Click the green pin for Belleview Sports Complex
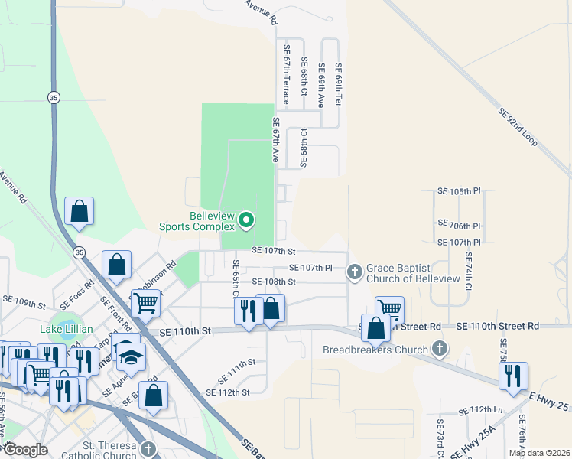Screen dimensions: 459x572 point(246,221)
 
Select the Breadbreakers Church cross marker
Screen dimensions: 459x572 point(439,350)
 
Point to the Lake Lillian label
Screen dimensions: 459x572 point(67,329)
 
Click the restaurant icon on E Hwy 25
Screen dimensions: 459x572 point(513,376)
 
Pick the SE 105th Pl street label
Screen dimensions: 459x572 point(459,190)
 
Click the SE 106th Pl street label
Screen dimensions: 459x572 point(459,226)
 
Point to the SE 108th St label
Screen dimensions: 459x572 point(274,282)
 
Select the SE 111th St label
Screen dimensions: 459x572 point(237,369)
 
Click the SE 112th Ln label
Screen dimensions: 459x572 point(480,409)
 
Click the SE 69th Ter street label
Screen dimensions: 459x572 point(337,83)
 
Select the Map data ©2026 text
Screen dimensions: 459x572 point(538,453)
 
